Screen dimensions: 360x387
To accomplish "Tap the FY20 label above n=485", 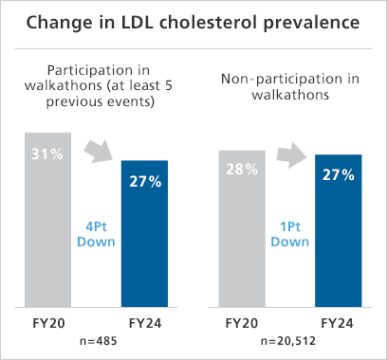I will coord(48,321).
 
